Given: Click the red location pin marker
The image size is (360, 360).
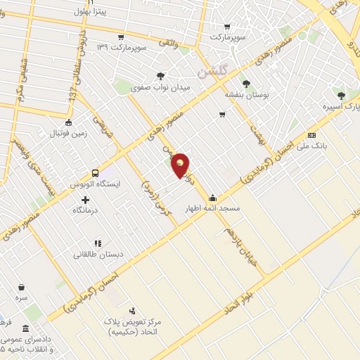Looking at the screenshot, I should (181, 165).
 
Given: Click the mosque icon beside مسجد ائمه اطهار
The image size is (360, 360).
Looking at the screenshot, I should (212, 198).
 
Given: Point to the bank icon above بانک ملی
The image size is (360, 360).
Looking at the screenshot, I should (312, 135).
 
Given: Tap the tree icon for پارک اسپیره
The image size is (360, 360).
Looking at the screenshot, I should (341, 95).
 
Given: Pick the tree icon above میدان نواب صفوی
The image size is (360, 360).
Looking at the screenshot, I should (161, 76).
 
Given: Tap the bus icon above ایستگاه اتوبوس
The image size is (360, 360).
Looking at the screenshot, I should (95, 173).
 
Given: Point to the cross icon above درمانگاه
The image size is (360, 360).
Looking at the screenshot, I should (86, 200).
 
